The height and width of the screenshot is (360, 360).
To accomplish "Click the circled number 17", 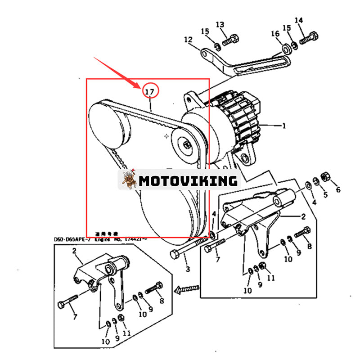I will click(x=150, y=92).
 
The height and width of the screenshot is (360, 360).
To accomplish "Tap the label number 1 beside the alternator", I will click(x=284, y=126).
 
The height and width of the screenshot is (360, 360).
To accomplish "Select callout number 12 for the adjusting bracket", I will click(x=188, y=40).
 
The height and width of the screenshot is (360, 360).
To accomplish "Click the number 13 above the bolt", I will click(x=220, y=24).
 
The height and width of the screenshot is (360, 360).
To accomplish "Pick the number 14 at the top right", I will click(x=299, y=20).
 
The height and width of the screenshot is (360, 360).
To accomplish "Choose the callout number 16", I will click(x=275, y=34).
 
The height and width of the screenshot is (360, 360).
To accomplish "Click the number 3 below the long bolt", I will click(x=187, y=269).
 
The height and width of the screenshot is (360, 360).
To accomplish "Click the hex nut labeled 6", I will click(x=324, y=176).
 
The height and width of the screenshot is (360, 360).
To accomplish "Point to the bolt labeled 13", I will click(x=229, y=39).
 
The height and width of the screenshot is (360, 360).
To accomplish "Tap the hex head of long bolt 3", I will click(x=175, y=255).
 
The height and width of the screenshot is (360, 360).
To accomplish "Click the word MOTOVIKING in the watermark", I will click(x=188, y=181).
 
